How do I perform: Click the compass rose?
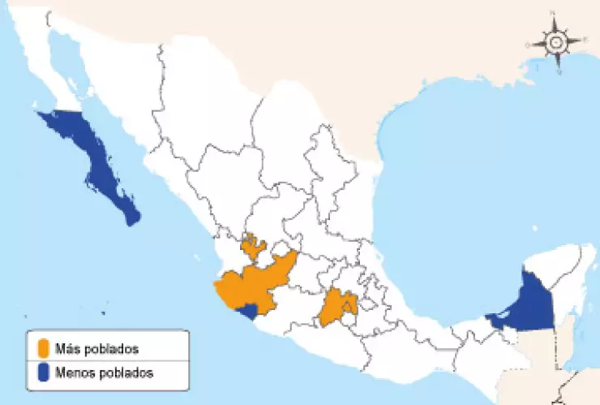click(x=556, y=41)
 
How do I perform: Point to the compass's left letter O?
click(x=528, y=45)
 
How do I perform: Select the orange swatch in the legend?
click(x=43, y=349)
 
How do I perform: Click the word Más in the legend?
click(x=66, y=349)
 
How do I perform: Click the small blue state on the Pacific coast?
click(x=244, y=310)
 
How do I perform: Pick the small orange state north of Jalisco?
click(x=254, y=246)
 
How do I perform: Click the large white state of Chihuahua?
click(x=203, y=114)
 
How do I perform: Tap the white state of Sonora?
click(x=130, y=81)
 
